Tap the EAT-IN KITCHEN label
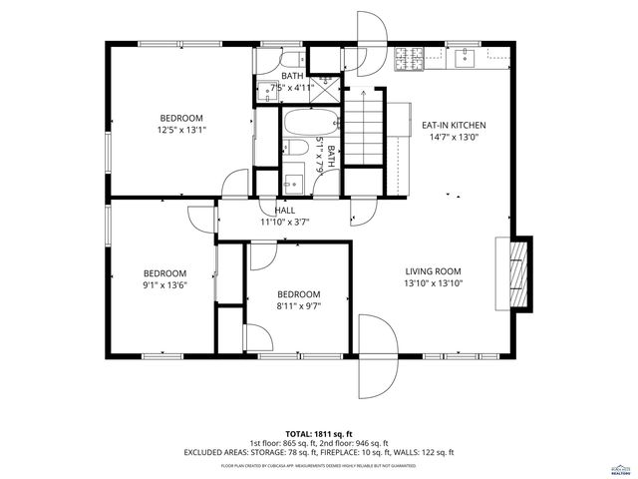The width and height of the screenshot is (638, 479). click(454, 125)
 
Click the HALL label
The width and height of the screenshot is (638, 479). click(285, 211)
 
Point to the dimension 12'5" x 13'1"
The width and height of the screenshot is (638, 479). click(179, 129)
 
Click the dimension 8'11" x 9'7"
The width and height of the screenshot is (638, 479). click(298, 306)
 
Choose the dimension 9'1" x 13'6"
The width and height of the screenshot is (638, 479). click(164, 285)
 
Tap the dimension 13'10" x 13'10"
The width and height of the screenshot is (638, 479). click(434, 282)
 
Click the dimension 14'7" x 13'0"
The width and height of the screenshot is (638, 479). click(454, 137)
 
